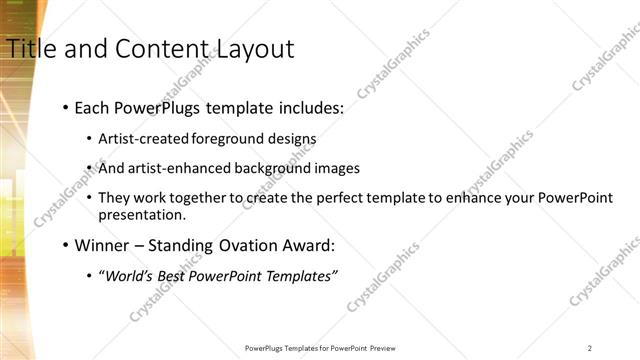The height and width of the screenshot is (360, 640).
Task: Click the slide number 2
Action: point(590,348)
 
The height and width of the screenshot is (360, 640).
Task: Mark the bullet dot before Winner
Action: point(65,245)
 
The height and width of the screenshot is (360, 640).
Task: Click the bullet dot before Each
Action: point(65,107)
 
